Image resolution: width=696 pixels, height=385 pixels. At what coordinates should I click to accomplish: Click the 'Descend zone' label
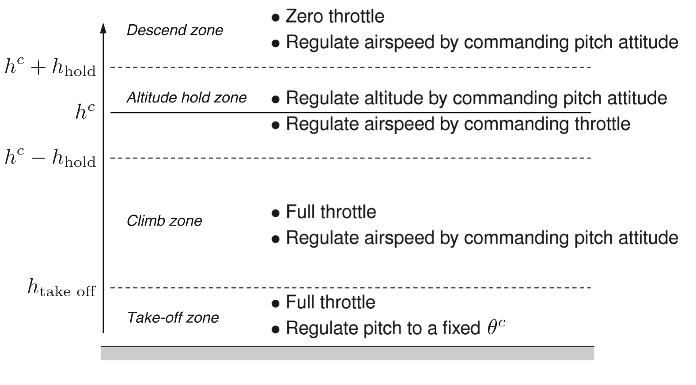(174, 30)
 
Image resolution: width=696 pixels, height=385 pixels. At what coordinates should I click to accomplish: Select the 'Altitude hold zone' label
(186, 98)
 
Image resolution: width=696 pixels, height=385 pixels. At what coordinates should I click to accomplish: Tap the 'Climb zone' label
(164, 221)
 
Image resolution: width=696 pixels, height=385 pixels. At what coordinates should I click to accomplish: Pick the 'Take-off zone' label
(173, 317)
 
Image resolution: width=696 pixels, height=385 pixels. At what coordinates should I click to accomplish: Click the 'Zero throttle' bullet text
(335, 16)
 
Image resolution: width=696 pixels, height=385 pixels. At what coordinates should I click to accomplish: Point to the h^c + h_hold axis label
(50, 68)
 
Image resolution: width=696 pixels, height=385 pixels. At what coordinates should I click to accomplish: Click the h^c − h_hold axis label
(50, 158)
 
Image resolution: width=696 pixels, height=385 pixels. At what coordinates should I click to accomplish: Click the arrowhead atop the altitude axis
(103, 28)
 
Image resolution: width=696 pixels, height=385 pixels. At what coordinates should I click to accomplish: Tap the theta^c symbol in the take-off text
(496, 328)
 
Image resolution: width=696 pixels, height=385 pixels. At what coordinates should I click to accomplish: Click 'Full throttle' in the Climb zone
(331, 212)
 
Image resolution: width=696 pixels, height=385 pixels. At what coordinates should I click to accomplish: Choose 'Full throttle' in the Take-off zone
(330, 302)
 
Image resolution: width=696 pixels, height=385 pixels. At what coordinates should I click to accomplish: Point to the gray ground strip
(347, 353)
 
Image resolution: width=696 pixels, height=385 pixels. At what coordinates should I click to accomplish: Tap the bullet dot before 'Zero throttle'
(276, 18)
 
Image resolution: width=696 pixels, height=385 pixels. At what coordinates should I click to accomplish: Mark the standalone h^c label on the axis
(85, 112)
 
